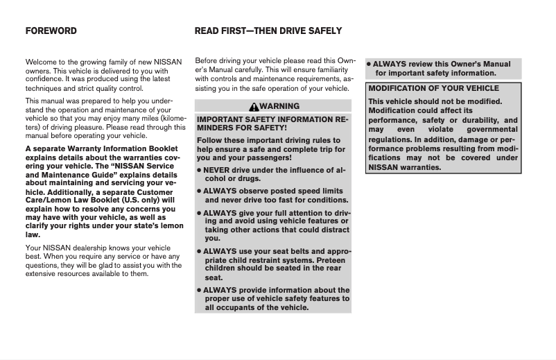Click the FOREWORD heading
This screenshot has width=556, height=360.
[x=51, y=31]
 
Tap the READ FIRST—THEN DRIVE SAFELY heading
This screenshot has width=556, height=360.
[x=268, y=31]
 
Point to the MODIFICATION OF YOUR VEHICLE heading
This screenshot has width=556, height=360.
[x=433, y=89]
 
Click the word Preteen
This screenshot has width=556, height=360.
[x=326, y=259]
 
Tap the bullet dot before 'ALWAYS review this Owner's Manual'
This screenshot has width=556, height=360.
[x=369, y=65]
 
